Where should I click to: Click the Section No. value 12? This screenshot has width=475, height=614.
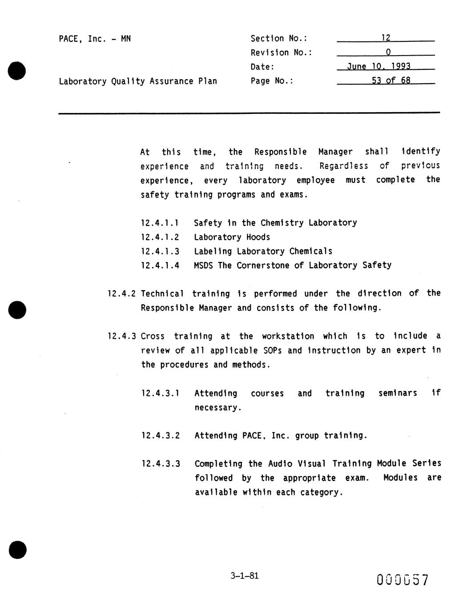point(386,38)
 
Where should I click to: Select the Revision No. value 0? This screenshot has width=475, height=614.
point(388,52)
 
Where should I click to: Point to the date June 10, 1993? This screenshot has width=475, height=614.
point(378,66)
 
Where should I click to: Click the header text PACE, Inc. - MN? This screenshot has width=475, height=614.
point(95,39)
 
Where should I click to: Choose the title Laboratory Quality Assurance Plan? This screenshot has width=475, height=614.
point(138,81)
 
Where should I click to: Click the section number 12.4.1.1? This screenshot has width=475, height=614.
point(160,223)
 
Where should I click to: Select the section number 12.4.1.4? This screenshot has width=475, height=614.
point(160,266)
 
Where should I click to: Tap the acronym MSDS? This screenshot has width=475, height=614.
point(204,266)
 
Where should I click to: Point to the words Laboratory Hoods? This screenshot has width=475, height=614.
point(232,237)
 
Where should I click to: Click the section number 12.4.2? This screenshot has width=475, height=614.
point(121,294)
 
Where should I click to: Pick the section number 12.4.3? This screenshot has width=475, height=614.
point(121,336)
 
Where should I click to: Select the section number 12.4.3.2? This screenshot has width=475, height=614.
point(161,436)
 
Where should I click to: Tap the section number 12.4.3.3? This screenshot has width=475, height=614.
point(161,464)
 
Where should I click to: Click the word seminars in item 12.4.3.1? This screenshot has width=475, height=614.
point(398,393)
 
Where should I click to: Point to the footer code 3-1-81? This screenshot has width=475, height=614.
point(245,576)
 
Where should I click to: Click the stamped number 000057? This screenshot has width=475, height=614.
point(403,580)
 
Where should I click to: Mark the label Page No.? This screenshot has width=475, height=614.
point(272,81)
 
